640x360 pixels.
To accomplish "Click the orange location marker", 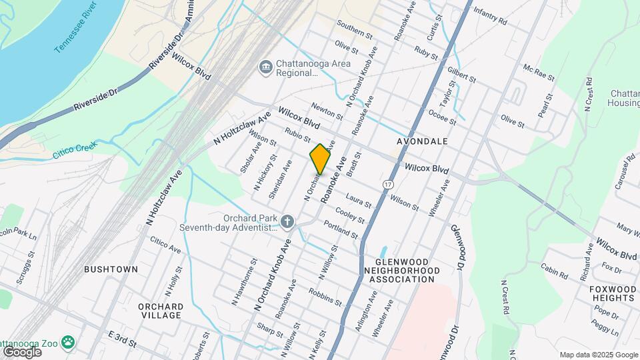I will point(320,159).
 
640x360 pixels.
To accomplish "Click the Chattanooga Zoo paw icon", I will point(68,342).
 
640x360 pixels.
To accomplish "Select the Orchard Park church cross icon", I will point(287,220).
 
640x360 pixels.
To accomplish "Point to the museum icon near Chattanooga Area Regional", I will point(265,67).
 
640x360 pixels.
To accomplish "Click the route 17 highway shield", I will point(387,183).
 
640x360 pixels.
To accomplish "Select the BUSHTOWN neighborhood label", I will point(111,269).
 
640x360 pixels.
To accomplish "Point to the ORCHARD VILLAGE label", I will point(161,311).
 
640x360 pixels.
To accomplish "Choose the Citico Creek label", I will point(75,150).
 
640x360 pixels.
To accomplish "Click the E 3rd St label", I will point(121,339).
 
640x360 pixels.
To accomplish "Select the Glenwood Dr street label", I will point(455,247).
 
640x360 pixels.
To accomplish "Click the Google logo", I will point(21,351).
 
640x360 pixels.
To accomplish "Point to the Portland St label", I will point(341,231).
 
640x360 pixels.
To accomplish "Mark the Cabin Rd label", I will point(553,270).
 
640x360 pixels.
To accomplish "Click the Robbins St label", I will point(325,296).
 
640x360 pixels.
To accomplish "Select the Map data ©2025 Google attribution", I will point(598,355).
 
